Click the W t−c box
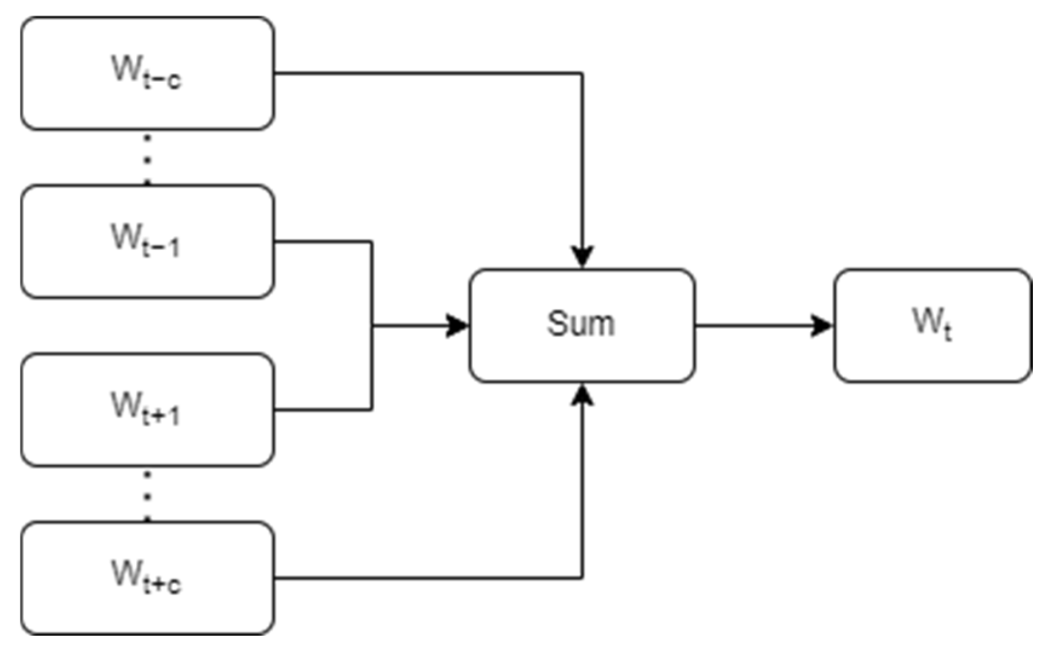tap(148, 73)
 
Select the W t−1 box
tap(148, 241)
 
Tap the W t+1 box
tap(148, 409)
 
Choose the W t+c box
tap(148, 578)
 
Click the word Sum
tap(581, 323)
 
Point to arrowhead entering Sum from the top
tap(582, 256)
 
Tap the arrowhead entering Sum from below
tap(582, 395)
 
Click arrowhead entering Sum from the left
tap(457, 326)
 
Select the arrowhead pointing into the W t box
tap(822, 326)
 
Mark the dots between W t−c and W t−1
tap(147, 159)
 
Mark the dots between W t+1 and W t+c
tap(147, 496)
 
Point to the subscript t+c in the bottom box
tap(162, 585)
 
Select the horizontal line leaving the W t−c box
tap(423, 73)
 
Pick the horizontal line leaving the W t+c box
tap(423, 578)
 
